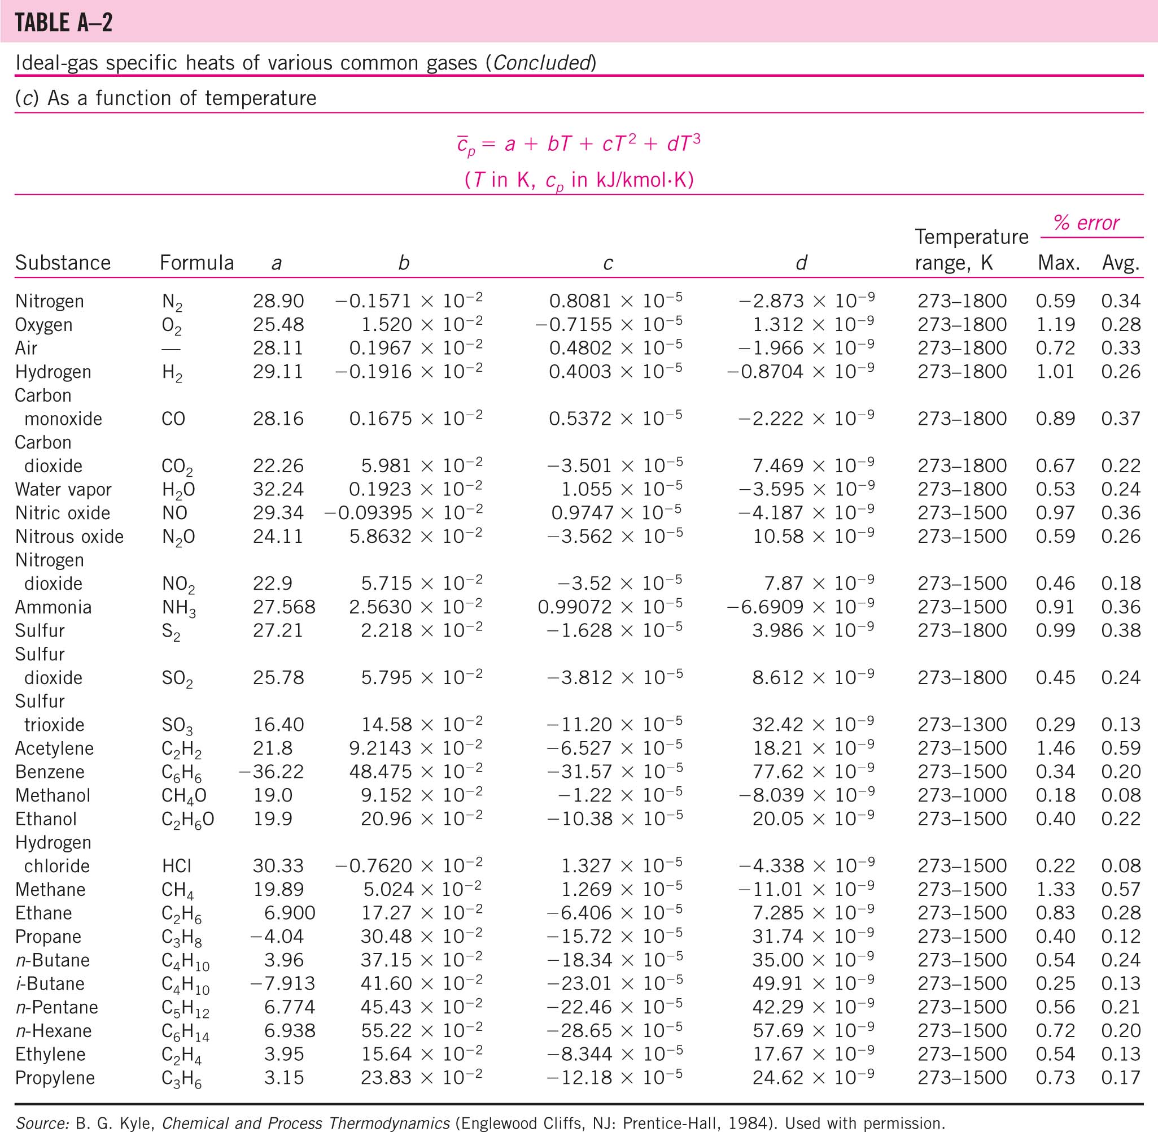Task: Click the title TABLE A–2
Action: (x=64, y=23)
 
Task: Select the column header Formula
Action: (x=196, y=263)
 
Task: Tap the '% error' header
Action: (x=1086, y=223)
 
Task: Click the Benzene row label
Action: (x=50, y=772)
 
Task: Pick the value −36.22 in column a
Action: (x=271, y=772)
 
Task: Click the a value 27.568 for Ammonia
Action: (x=284, y=607)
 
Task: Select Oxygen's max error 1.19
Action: (x=1055, y=325)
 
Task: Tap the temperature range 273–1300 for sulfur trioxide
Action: (x=962, y=725)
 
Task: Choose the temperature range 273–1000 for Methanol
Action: (x=962, y=795)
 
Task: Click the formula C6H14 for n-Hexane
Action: (x=185, y=1031)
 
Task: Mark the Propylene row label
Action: (x=55, y=1078)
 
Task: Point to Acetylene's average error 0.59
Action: (x=1121, y=748)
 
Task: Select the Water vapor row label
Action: (x=63, y=489)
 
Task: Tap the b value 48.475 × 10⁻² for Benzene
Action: (x=421, y=772)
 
